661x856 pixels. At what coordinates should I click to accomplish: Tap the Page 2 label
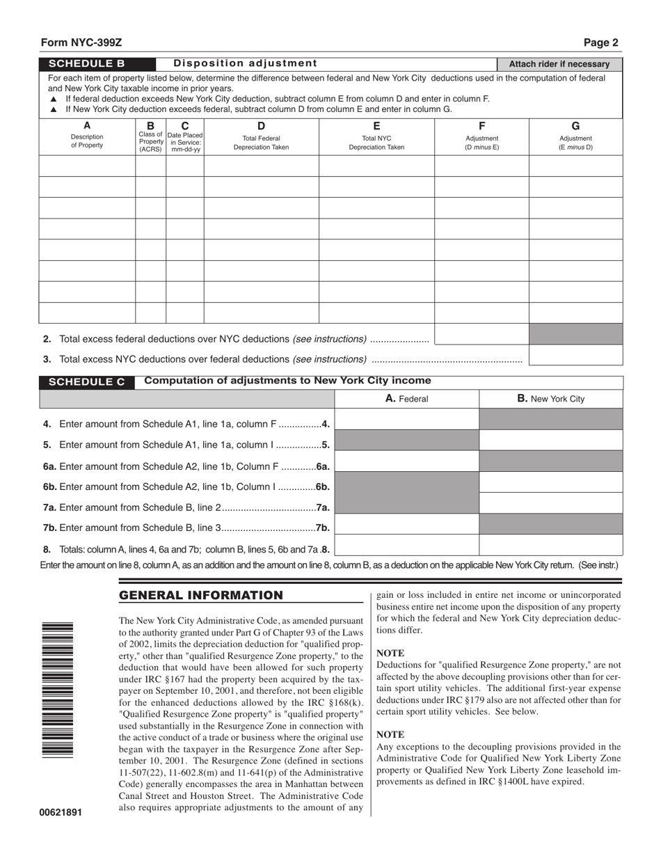click(600, 42)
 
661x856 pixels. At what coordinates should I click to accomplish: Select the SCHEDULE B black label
click(87, 63)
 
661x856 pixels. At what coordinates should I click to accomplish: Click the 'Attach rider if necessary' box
click(559, 64)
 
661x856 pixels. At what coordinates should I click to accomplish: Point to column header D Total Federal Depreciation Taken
click(261, 136)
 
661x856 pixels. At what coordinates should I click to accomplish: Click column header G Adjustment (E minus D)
click(575, 136)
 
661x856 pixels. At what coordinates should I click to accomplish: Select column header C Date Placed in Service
click(184, 136)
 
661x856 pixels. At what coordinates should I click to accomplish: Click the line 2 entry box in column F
click(481, 335)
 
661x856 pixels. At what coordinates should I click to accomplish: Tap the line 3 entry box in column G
click(575, 356)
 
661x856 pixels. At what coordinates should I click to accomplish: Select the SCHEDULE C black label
click(87, 382)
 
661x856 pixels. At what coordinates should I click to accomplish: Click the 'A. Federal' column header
click(407, 399)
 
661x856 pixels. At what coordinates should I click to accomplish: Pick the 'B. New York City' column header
click(550, 399)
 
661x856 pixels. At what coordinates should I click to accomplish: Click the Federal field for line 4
click(407, 420)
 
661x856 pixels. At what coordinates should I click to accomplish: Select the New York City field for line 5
click(550, 441)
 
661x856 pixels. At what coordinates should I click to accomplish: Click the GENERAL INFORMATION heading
click(201, 595)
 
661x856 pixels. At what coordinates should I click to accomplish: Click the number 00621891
click(61, 812)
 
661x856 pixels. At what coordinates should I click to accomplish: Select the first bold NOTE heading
click(390, 653)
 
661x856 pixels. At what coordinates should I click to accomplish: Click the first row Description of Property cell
click(87, 166)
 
